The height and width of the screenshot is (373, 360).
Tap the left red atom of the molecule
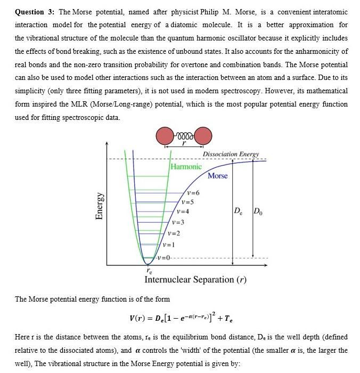(166, 136)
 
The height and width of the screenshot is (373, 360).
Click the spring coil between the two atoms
(184, 133)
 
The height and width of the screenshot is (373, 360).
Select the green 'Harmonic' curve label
(186, 167)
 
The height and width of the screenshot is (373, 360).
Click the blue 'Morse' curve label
(217, 176)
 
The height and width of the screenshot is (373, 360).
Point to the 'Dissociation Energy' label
(231, 154)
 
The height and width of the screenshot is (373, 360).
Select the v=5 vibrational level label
(187, 202)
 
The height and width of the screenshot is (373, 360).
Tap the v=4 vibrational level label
(182, 212)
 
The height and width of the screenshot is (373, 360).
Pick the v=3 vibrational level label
(178, 222)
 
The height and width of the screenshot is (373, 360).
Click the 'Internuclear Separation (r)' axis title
(195, 279)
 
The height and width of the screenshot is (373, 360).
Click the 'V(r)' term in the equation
(138, 319)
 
